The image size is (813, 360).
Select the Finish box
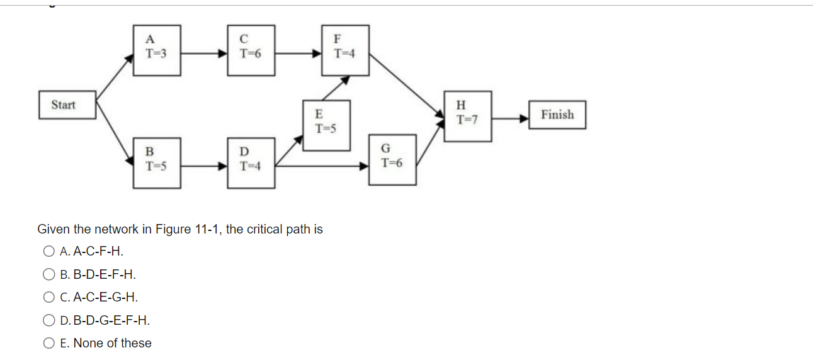(x=557, y=115)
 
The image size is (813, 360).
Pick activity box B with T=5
(x=156, y=162)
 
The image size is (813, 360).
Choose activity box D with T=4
(x=251, y=162)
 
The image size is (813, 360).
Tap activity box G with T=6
(x=392, y=159)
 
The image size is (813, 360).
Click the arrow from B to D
(x=204, y=167)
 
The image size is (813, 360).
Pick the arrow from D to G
(x=322, y=167)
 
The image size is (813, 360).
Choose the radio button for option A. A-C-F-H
(x=50, y=252)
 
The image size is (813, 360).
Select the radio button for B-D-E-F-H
(x=50, y=274)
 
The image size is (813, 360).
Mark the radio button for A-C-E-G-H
(x=50, y=297)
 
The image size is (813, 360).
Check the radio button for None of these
(x=50, y=343)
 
